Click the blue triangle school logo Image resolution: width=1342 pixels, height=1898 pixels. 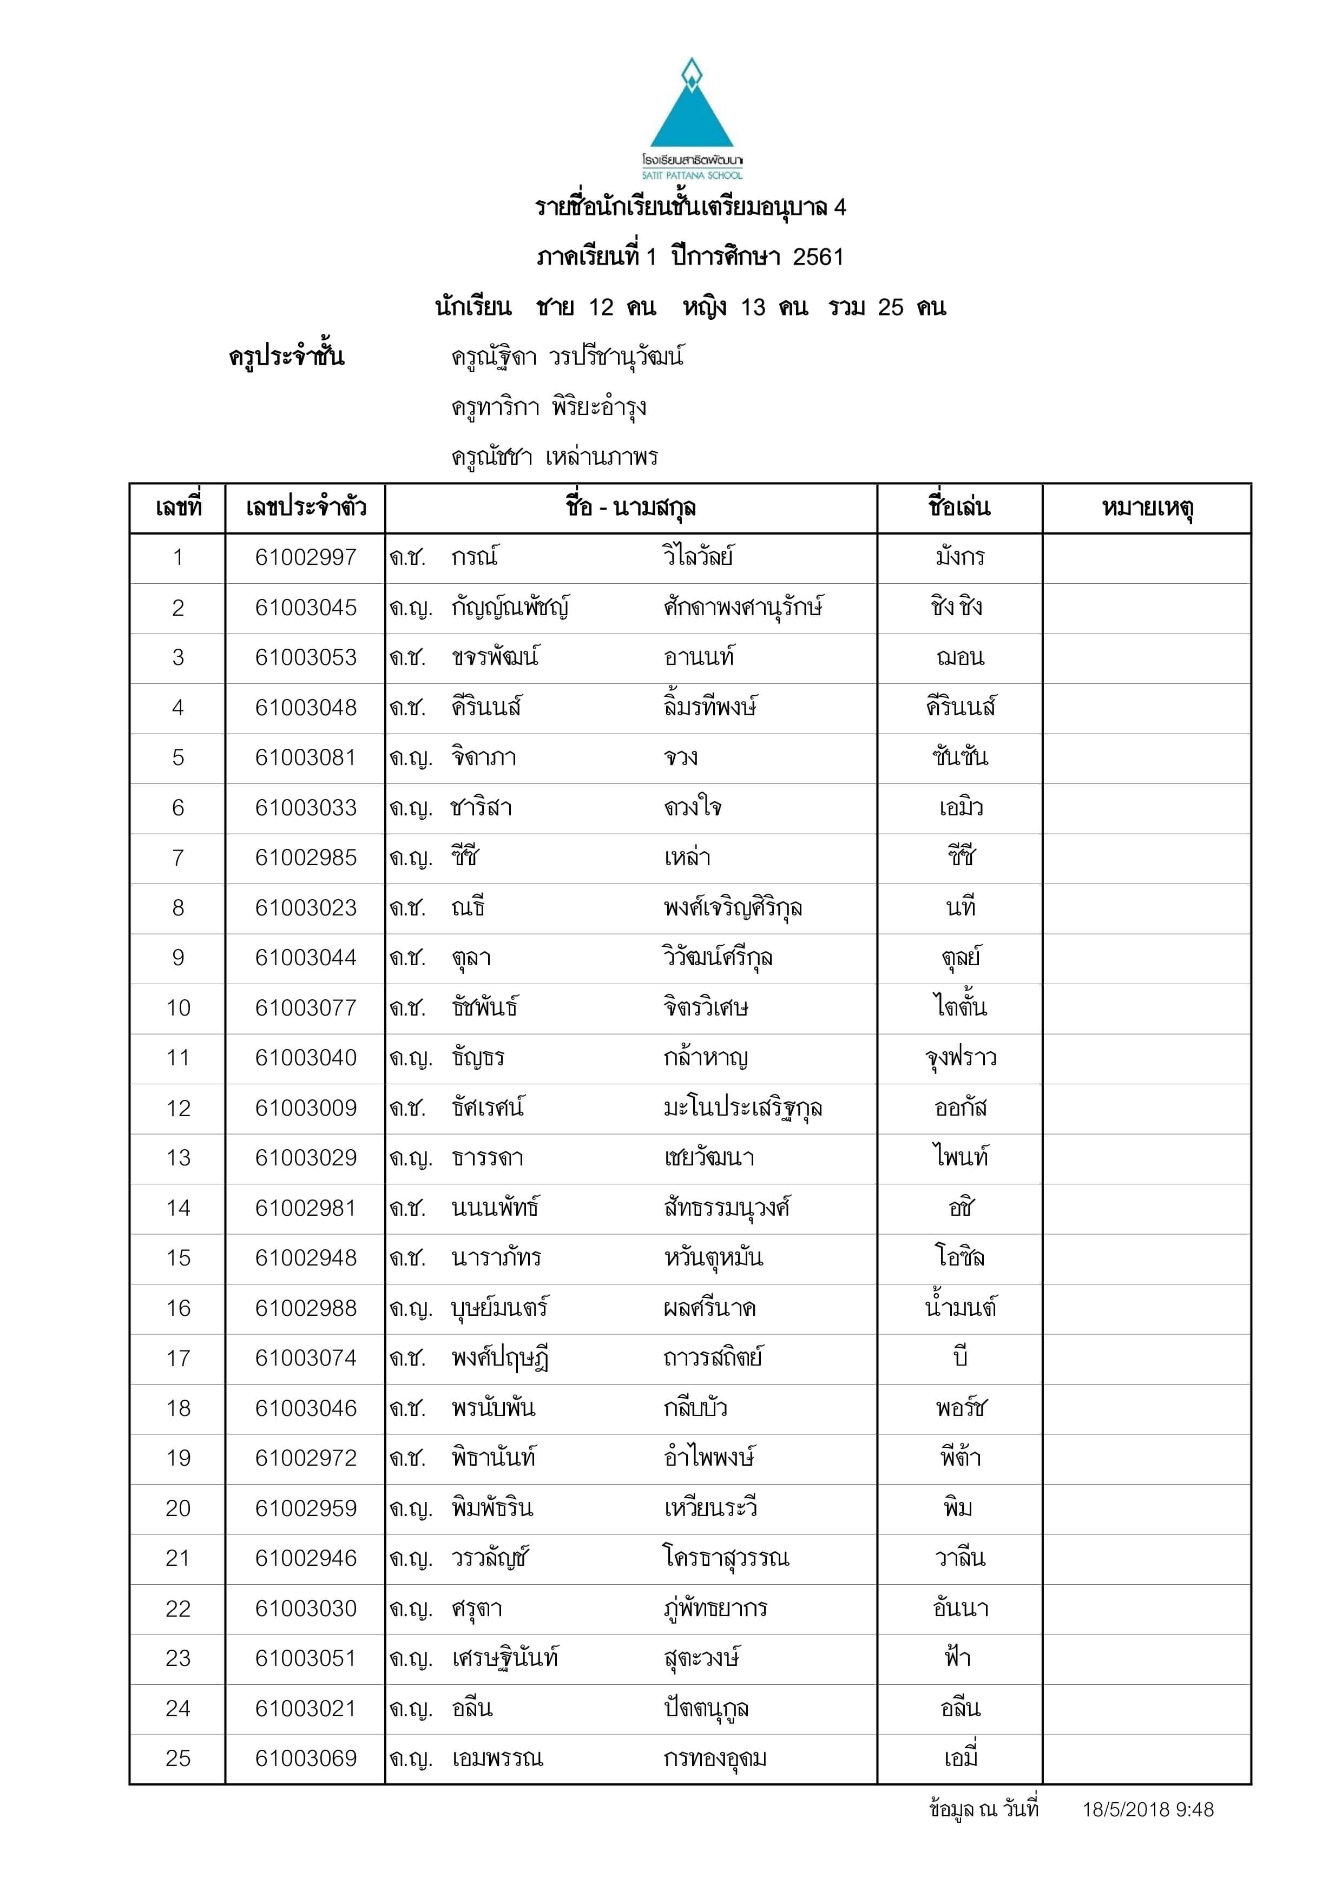pos(691,108)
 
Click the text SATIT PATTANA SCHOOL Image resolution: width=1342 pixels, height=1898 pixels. pos(692,175)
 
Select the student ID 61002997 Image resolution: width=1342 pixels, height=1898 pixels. pos(305,558)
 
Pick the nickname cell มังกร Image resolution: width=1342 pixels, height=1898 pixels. pos(959,558)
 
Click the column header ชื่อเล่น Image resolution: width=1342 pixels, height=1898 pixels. pos(959,507)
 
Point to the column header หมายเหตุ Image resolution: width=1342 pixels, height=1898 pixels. pos(1146,508)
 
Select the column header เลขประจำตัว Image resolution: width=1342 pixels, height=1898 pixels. pos(305,508)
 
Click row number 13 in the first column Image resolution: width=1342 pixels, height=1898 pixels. pos(178,1158)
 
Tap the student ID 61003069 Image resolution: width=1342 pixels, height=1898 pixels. pos(305,1758)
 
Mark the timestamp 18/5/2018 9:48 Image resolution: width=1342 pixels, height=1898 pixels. pos(1148,1810)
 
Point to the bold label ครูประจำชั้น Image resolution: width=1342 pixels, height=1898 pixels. pos(286,357)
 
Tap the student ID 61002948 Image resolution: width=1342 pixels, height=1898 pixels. pos(305,1258)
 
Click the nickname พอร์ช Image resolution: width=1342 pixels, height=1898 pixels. pos(959,1408)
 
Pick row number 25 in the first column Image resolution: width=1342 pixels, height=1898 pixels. pos(178,1758)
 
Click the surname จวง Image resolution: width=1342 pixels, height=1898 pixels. pos(681,758)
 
